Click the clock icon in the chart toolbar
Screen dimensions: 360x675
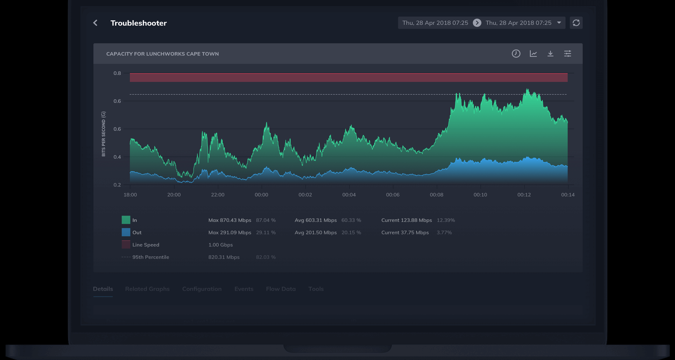(516, 54)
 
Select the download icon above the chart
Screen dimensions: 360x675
(550, 54)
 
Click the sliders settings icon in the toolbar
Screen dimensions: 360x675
(568, 54)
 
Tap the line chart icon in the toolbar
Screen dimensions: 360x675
(533, 54)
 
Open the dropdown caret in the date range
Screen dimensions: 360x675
(559, 23)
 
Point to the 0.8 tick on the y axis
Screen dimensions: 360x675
(117, 73)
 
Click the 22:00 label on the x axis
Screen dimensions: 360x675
(218, 195)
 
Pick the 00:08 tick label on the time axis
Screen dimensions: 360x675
(436, 195)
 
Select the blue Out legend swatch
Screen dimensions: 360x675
(126, 232)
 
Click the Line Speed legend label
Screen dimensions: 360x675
(146, 245)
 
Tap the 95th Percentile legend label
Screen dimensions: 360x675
(150, 257)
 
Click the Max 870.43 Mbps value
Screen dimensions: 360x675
(230, 220)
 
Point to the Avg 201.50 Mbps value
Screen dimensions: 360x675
(316, 232)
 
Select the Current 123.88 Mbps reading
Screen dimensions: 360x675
(406, 220)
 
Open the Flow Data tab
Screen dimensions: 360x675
(281, 289)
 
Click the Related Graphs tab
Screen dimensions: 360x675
(147, 289)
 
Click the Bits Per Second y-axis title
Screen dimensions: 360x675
(103, 134)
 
